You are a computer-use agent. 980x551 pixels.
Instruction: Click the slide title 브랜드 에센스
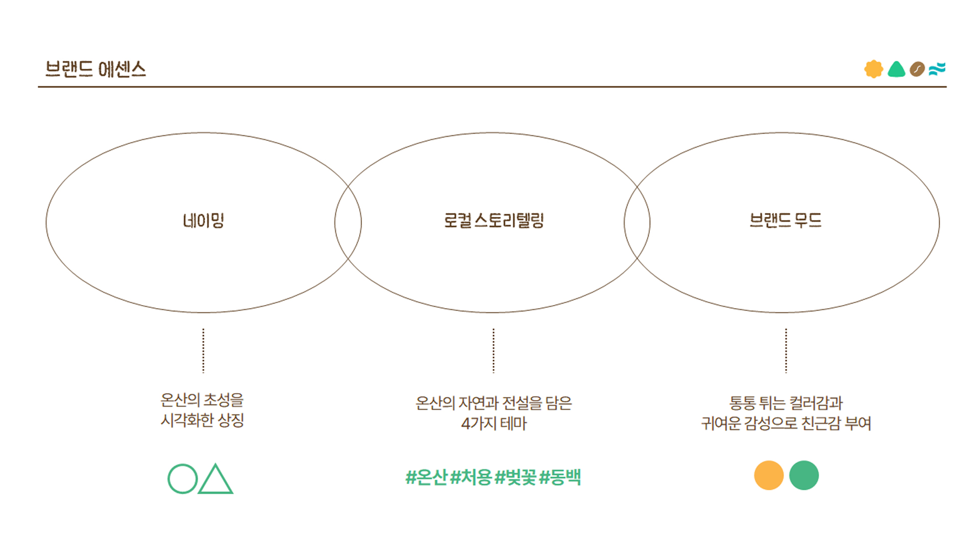pos(95,69)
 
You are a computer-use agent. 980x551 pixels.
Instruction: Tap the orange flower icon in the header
pos(873,69)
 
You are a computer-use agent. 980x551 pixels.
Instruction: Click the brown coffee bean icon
pos(917,69)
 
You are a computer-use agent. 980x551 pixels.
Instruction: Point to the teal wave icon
pos(937,69)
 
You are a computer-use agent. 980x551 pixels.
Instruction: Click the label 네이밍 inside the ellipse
pos(204,221)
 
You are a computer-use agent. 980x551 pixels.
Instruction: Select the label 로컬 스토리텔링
pos(494,221)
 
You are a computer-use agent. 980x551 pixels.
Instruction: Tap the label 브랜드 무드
pos(785,221)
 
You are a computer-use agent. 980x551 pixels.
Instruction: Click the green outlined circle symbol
pos(182,479)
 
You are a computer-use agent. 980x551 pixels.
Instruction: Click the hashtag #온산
pos(426,478)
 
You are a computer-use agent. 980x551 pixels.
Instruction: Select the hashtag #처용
pos(471,478)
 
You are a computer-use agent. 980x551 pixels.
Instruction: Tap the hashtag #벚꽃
pos(515,478)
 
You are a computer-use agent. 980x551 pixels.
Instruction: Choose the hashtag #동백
pos(560,478)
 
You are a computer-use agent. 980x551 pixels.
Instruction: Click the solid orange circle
pos(769,475)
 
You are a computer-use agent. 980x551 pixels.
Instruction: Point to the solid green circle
pos(804,475)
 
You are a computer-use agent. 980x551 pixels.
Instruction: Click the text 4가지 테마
pos(494,423)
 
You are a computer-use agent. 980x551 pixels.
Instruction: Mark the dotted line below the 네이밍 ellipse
pos(203,350)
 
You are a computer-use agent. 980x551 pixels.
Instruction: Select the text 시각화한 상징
pos(203,420)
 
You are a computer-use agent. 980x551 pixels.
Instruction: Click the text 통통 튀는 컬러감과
pos(786,403)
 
